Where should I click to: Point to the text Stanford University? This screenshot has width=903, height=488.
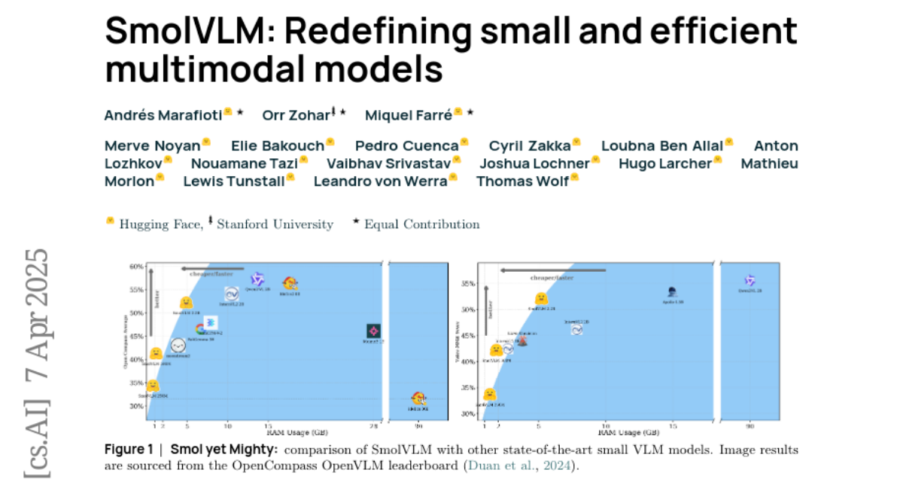point(275,224)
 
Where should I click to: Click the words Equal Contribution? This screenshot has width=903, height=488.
point(421,224)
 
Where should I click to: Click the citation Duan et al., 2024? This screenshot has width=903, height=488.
point(520,465)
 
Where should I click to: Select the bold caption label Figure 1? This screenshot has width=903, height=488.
point(129,450)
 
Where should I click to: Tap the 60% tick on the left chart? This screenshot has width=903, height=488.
point(135,267)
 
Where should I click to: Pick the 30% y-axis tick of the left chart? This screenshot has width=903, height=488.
point(135,406)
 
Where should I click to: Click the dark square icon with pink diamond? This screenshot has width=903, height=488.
point(373,331)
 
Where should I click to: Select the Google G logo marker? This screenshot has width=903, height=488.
point(201,329)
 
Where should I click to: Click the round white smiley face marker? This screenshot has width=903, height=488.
point(178,346)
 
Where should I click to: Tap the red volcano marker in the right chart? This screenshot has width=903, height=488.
point(522,340)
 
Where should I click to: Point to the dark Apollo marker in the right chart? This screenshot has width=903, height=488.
point(673,291)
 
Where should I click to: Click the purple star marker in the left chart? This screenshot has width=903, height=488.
point(257,279)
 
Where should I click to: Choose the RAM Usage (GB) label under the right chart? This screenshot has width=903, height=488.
point(630,434)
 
